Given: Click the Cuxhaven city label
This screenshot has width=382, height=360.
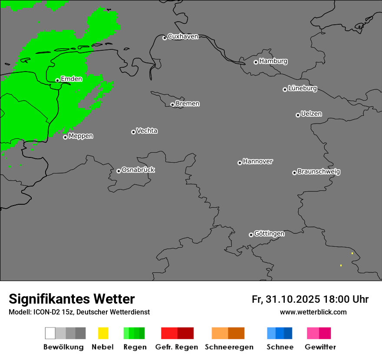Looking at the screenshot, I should (x=183, y=36).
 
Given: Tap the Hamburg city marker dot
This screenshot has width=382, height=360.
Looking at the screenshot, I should (x=256, y=62).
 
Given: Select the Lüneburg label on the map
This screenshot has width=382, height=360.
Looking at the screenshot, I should (x=303, y=88).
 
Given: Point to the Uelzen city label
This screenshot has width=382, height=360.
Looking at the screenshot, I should (x=311, y=114).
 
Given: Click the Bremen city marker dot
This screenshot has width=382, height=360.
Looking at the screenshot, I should (x=172, y=105).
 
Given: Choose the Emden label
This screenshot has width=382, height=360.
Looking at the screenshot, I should (x=71, y=79).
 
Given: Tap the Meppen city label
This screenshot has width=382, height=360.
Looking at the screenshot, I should (x=81, y=136).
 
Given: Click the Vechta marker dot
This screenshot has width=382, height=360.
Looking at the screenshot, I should (x=133, y=132).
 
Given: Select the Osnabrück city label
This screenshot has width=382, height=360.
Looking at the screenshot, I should (x=138, y=170).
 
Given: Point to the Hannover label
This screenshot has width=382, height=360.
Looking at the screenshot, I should (x=258, y=161).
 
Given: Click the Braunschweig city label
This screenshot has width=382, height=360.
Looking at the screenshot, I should (x=319, y=172).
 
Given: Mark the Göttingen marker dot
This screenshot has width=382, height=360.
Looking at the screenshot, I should (x=251, y=235).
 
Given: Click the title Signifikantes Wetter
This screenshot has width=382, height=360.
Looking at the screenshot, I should (x=72, y=299).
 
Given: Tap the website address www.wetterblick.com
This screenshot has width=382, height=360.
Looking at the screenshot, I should (x=313, y=312).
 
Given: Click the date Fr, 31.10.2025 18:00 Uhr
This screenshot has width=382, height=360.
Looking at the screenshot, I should (x=310, y=299).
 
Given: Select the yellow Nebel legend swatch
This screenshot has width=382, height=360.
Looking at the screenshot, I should (x=103, y=333).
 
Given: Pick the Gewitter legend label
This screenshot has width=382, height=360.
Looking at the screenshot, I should (x=320, y=347).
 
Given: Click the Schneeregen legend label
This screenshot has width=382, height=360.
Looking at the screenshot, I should (x=229, y=347).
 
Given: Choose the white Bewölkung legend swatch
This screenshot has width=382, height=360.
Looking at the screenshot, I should (x=50, y=333).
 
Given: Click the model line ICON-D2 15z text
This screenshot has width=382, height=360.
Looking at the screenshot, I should (x=79, y=312).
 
